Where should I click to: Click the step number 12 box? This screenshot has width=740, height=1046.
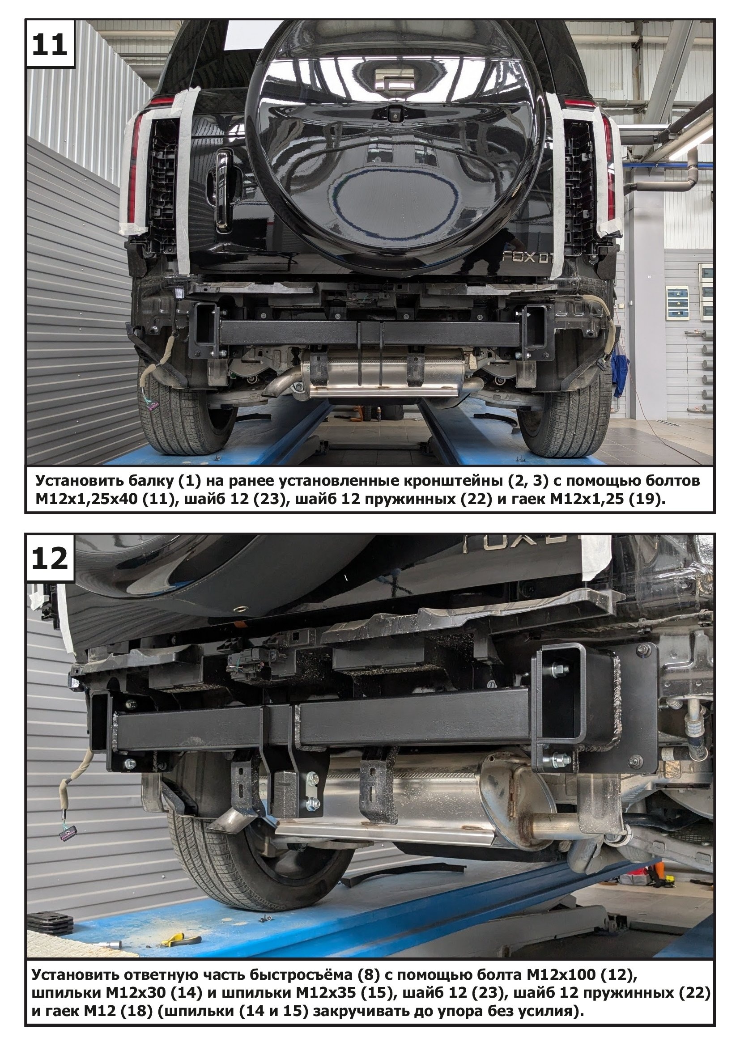point(50,559)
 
